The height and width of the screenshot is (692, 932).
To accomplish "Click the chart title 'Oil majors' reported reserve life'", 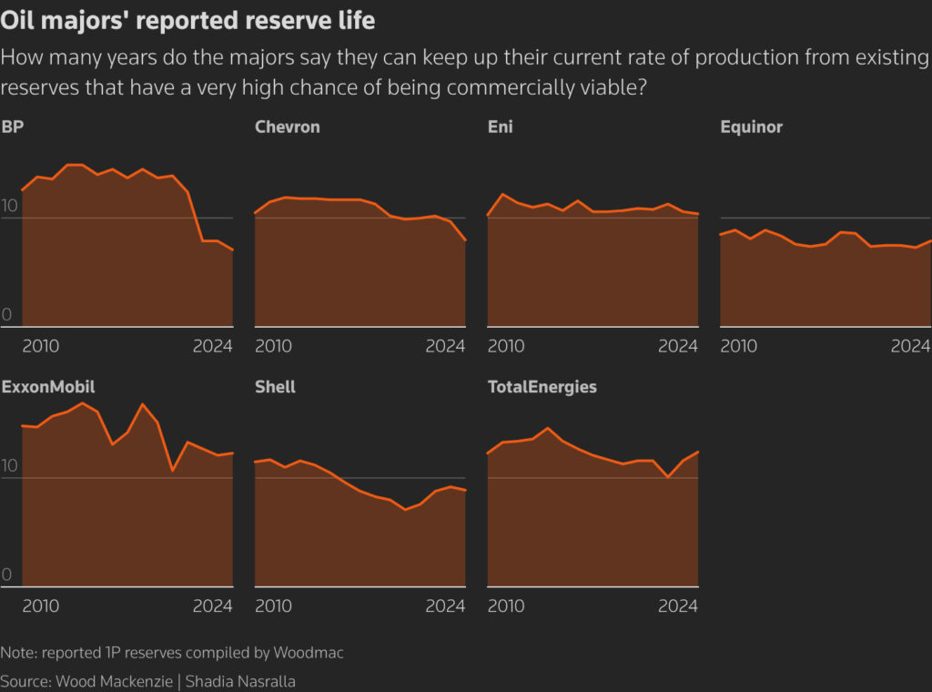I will pyautogui.click(x=187, y=20).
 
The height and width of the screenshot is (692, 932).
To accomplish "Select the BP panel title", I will pyautogui.click(x=13, y=127).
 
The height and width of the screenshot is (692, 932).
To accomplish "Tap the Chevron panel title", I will pyautogui.click(x=288, y=127).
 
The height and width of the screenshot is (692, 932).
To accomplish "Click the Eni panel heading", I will pyautogui.click(x=501, y=127).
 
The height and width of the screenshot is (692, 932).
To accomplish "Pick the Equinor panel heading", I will pyautogui.click(x=752, y=127).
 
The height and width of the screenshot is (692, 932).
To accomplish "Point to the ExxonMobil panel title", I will pyautogui.click(x=48, y=387).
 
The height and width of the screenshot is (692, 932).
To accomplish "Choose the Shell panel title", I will pyautogui.click(x=275, y=387).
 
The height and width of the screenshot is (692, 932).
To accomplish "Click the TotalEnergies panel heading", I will pyautogui.click(x=542, y=387).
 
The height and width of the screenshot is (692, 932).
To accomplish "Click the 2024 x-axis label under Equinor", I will pyautogui.click(x=910, y=346).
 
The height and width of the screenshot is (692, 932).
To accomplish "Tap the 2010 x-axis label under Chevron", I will pyautogui.click(x=273, y=346).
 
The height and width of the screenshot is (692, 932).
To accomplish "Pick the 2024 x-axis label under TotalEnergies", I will pyautogui.click(x=678, y=606).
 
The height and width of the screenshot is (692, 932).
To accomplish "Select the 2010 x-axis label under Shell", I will pyautogui.click(x=273, y=606).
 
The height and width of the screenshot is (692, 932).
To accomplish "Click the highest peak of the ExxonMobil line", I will pyautogui.click(x=83, y=402).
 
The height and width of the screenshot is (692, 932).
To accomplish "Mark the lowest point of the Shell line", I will pyautogui.click(x=405, y=510).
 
